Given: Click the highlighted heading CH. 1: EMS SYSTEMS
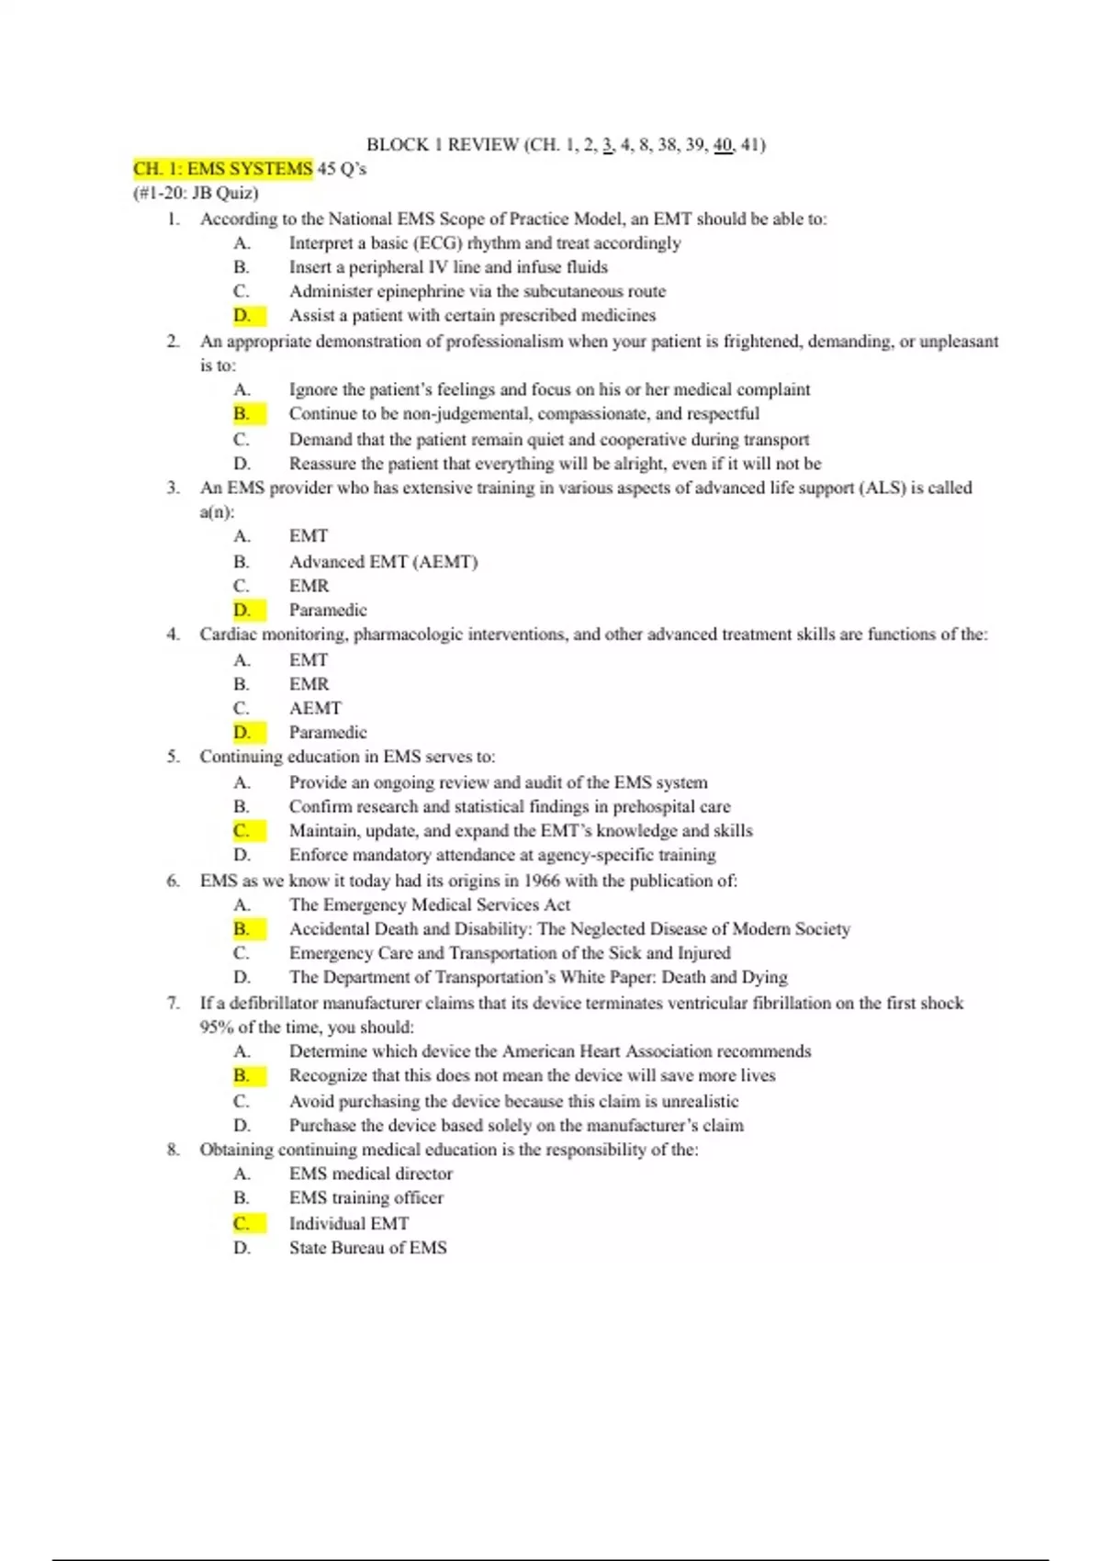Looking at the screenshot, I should point(223,169).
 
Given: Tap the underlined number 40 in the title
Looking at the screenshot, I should point(723,144).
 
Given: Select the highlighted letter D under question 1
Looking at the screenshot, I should point(242,316).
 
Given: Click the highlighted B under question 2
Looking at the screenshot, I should point(242,414).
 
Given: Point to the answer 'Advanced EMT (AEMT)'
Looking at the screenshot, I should point(383,562).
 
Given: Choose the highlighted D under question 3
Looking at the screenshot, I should point(242,611).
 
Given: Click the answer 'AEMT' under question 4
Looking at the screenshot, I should point(315,709).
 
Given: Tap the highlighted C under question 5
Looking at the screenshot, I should point(242,831).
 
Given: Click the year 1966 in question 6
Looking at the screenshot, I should point(542,881).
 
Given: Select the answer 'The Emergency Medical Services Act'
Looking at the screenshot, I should point(430,905).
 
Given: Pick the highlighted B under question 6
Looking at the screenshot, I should point(242,929).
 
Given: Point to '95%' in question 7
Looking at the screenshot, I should point(217,1028).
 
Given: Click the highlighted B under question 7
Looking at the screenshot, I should point(242,1076).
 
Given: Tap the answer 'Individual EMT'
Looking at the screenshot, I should point(349,1224).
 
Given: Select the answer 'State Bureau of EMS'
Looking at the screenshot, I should point(367,1248).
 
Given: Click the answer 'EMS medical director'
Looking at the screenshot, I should point(370,1174).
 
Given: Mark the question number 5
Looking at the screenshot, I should point(173,758).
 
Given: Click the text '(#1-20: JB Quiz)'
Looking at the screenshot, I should point(196,194).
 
